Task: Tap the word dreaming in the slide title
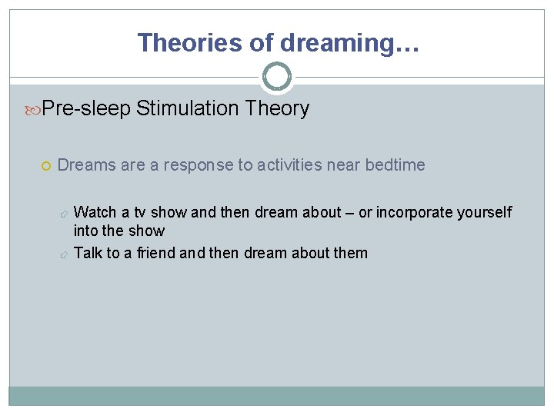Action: point(336,43)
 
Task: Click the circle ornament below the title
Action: point(277,77)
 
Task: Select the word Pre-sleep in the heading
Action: point(87,109)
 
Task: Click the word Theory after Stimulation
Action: point(278,109)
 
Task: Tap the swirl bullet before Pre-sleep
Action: point(34,109)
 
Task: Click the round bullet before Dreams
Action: point(48,165)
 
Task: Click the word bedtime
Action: point(395,165)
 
